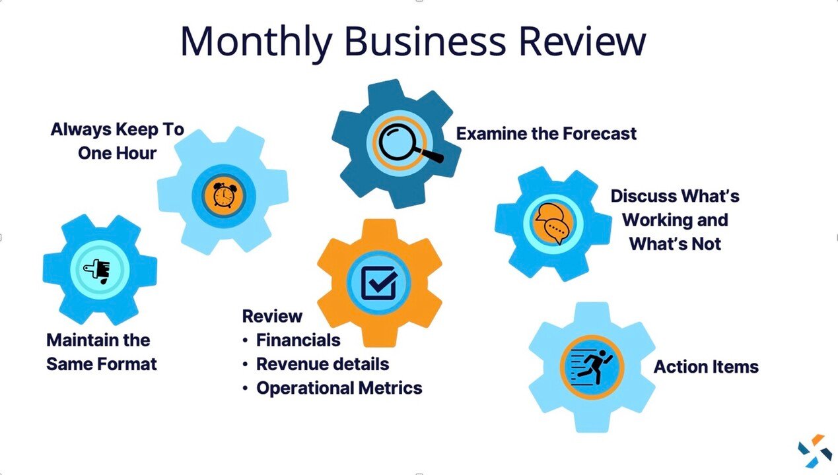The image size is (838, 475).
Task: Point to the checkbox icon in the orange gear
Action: pos(378,283)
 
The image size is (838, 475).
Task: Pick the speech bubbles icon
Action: pos(553,222)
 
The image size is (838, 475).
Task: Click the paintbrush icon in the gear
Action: pos(99,269)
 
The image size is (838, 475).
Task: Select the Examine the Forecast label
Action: pos(546,134)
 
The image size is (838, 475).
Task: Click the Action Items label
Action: pos(706,367)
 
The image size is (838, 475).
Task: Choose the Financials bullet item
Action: pos(298,340)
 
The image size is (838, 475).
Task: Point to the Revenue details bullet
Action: pos(322,364)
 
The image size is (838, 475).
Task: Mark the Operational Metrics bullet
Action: pos(339,388)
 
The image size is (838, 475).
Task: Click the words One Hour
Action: pos(117,153)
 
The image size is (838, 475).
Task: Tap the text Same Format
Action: pos(102,364)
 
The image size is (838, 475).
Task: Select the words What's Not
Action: pos(675,243)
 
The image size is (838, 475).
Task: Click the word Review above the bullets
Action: pos(272,317)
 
